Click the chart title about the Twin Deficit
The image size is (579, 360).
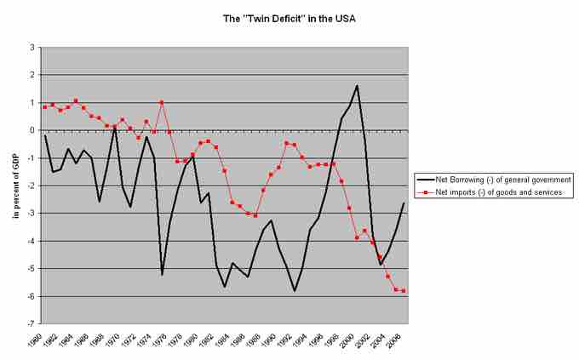tap(289, 16)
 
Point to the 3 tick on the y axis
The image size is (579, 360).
tap(32, 48)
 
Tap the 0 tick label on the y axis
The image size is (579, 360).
tap(32, 131)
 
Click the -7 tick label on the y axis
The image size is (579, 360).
tap(31, 324)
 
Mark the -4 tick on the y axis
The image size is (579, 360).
tap(31, 242)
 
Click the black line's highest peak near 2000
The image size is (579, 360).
tap(357, 86)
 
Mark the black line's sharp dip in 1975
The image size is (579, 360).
tap(162, 274)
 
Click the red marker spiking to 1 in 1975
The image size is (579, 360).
tap(162, 102)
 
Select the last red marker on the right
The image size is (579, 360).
tap(404, 290)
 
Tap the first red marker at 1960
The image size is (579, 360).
tap(44, 107)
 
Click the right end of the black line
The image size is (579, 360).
tap(404, 203)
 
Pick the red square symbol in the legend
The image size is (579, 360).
tap(423, 193)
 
